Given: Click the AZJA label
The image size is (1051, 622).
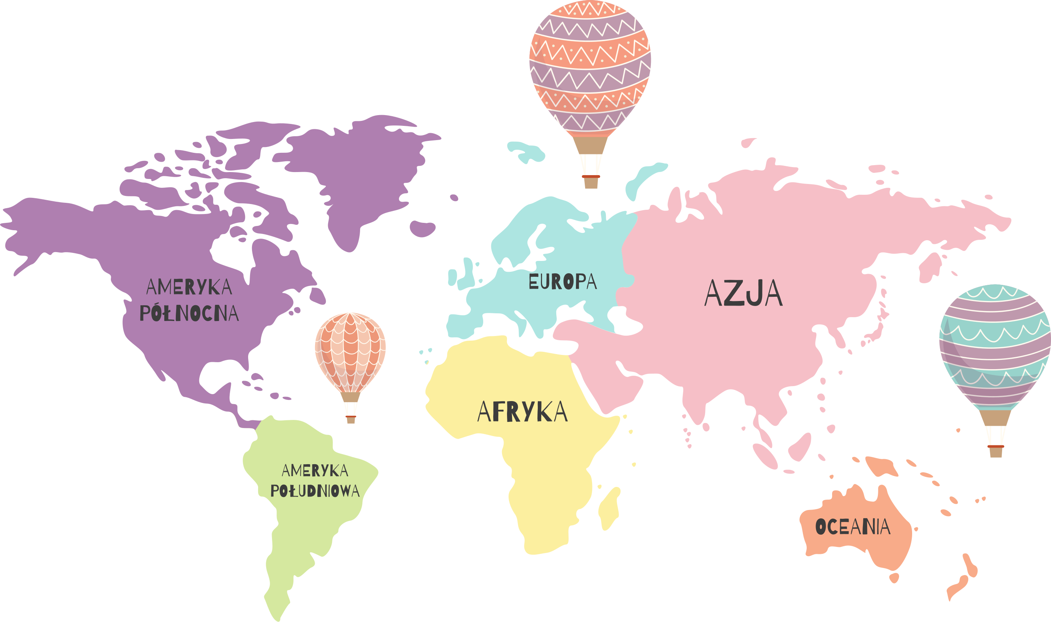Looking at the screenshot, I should coord(743,293).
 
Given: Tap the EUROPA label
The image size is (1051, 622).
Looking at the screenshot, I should coord(562,282).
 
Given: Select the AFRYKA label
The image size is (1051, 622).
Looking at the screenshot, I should coord(522,411).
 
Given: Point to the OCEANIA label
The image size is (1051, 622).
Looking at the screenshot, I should coord(853,527).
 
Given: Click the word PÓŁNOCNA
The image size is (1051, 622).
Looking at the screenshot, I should coord(189,313).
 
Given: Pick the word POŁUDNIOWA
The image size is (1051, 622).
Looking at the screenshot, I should coord(315,491).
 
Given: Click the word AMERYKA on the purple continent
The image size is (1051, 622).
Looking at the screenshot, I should coord(189,287).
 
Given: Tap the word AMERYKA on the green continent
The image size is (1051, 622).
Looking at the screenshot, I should coord(315,471).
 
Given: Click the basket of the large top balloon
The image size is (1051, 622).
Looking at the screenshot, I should coord(591,182).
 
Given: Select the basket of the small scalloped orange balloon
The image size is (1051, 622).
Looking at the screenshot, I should coord(351,420).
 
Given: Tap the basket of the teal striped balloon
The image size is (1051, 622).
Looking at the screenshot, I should coord(996,451).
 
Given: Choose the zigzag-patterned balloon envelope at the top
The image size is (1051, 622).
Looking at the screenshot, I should coord(590,67).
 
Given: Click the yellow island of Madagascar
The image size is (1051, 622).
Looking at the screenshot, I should coord(609,508).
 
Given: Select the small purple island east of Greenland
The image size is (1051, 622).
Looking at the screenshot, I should coord(422,228).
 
